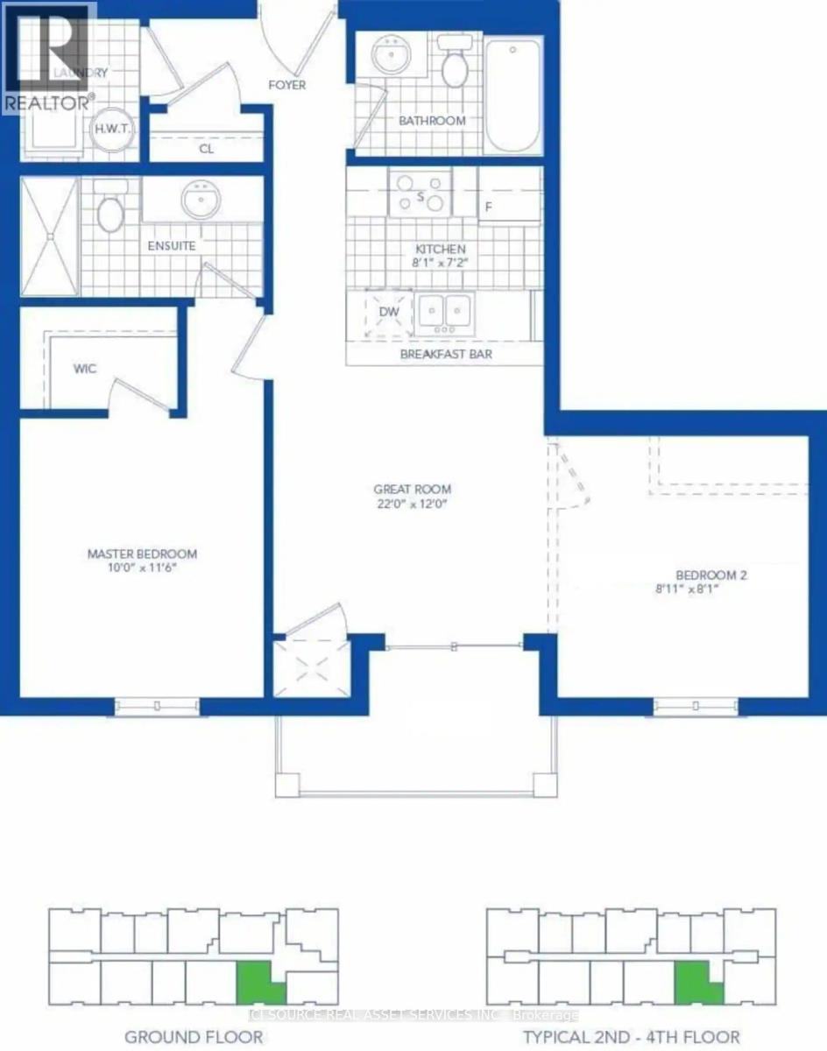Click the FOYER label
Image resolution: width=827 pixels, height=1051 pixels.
pyautogui.click(x=287, y=85)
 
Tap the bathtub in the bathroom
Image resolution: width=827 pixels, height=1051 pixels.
pyautogui.click(x=513, y=95)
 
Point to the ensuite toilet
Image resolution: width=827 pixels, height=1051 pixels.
pyautogui.click(x=110, y=211)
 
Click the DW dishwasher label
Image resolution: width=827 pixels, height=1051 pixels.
pyautogui.click(x=389, y=311)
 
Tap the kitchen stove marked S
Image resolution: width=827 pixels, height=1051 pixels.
pyautogui.click(x=421, y=194)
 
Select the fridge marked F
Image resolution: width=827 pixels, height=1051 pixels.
pyautogui.click(x=489, y=208)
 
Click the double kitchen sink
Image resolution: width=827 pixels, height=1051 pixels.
pyautogui.click(x=445, y=311)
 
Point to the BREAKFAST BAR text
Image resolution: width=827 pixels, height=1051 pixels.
pyautogui.click(x=446, y=355)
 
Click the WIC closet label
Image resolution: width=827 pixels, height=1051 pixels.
pyautogui.click(x=84, y=369)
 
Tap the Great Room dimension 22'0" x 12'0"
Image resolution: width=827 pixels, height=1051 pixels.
pyautogui.click(x=412, y=504)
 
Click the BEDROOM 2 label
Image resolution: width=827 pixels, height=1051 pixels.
pyautogui.click(x=710, y=575)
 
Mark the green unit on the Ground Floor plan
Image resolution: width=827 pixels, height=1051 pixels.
pyautogui.click(x=258, y=983)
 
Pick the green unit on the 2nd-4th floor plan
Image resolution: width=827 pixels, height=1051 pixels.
pyautogui.click(x=696, y=983)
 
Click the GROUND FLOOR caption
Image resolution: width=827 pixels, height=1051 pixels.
pyautogui.click(x=194, y=1037)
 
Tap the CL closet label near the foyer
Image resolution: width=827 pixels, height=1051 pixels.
pyautogui.click(x=207, y=149)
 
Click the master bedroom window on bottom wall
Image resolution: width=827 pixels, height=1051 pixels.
pyautogui.click(x=157, y=706)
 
